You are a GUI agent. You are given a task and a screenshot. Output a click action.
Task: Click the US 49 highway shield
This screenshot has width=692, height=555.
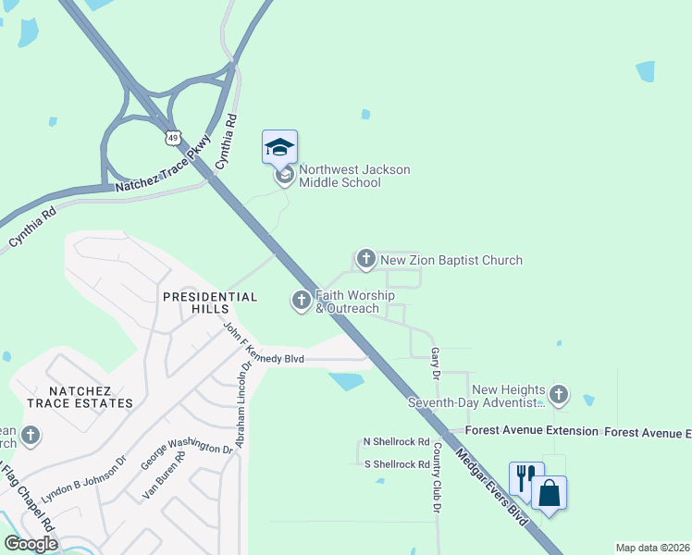tap(174, 138)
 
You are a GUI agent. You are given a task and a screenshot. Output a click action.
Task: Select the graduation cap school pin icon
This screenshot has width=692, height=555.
tap(279, 148)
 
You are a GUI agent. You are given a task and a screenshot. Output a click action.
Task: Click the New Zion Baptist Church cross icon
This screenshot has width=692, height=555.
tap(365, 259)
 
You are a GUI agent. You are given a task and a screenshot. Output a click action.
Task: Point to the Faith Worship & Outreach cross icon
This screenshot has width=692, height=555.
tap(301, 301)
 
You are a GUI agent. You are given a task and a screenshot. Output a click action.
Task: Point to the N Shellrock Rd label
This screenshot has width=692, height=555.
tap(397, 442)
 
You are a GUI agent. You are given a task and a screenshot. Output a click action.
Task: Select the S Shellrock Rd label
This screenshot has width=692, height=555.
tap(397, 464)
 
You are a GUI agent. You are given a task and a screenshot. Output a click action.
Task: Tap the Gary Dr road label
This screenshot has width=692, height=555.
tap(435, 363)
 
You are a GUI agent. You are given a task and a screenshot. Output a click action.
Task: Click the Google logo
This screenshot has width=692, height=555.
tap(31, 544)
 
